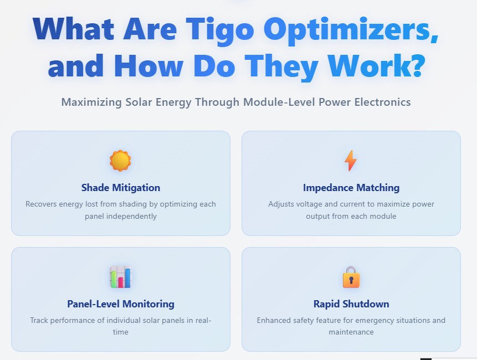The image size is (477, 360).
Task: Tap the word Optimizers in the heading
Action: (350, 29)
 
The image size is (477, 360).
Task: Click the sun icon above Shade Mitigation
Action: (120, 161)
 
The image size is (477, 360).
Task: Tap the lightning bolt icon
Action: (351, 161)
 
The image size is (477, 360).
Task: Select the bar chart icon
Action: (120, 277)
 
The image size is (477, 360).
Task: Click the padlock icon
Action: (351, 277)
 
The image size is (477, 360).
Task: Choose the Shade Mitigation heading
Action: (121, 188)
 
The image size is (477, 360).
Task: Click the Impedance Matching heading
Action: (351, 188)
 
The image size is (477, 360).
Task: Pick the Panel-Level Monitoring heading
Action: (121, 304)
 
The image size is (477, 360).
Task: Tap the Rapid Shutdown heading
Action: (351, 304)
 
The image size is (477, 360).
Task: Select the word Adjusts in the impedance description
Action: (281, 204)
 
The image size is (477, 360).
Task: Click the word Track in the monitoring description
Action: (39, 321)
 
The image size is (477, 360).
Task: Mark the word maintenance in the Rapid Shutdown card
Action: (351, 332)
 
